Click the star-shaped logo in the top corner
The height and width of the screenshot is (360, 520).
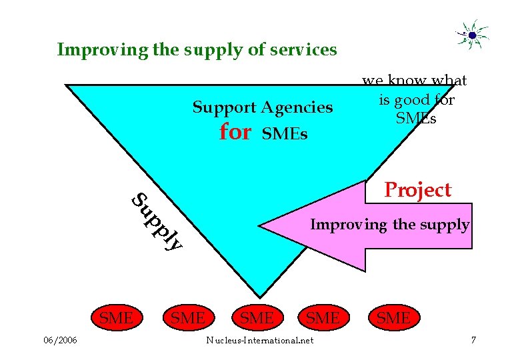click(472, 34)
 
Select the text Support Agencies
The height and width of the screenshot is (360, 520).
click(263, 107)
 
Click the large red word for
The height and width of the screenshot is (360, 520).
click(235, 132)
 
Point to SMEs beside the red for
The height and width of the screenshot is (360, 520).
click(285, 135)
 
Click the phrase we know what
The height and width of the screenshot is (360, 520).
click(415, 81)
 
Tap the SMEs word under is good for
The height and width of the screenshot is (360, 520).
click(416, 119)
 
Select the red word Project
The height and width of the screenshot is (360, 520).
click(418, 191)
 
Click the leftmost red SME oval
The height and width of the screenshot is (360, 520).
click(116, 319)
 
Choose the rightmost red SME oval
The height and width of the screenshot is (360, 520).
click(393, 319)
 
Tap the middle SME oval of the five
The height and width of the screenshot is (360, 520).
click(256, 319)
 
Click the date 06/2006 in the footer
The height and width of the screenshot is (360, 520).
click(60, 341)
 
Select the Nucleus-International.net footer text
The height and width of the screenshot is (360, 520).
click(259, 341)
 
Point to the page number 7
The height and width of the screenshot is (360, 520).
click(473, 341)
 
